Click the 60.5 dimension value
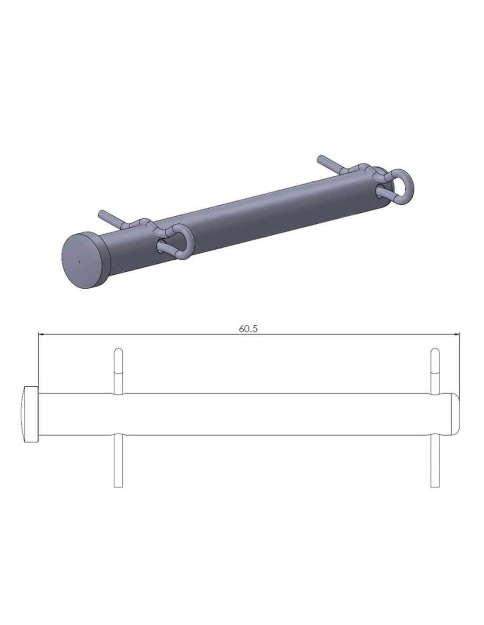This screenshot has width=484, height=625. pyautogui.click(x=248, y=329)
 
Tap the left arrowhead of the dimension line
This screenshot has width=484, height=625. pyautogui.click(x=40, y=334)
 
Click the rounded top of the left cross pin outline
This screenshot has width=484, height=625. pyautogui.click(x=118, y=351)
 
